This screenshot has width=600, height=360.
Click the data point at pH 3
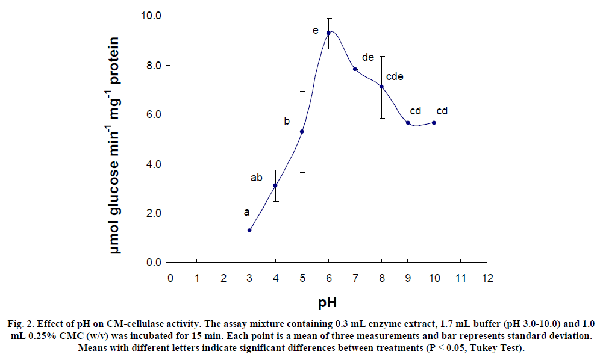pyautogui.click(x=249, y=230)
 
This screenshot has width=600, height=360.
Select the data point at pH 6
pyautogui.click(x=328, y=33)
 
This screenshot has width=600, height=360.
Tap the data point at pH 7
pyautogui.click(x=355, y=69)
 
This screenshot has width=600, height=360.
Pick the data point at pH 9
pyautogui.click(x=408, y=123)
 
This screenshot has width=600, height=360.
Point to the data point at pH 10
pyautogui.click(x=434, y=123)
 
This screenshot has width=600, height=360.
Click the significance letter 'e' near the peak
pyautogui.click(x=315, y=29)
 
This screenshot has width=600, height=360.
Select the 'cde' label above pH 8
pyautogui.click(x=394, y=76)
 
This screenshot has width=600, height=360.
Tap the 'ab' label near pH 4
pyautogui.click(x=257, y=178)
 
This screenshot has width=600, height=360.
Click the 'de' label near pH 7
pyautogui.click(x=367, y=57)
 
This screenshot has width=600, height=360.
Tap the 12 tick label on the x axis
pyautogui.click(x=487, y=278)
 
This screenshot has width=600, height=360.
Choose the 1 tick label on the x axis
pyautogui.click(x=197, y=278)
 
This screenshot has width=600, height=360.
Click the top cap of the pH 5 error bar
pyautogui.click(x=302, y=91)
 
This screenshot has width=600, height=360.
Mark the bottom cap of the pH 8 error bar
pyautogui.click(x=381, y=118)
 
